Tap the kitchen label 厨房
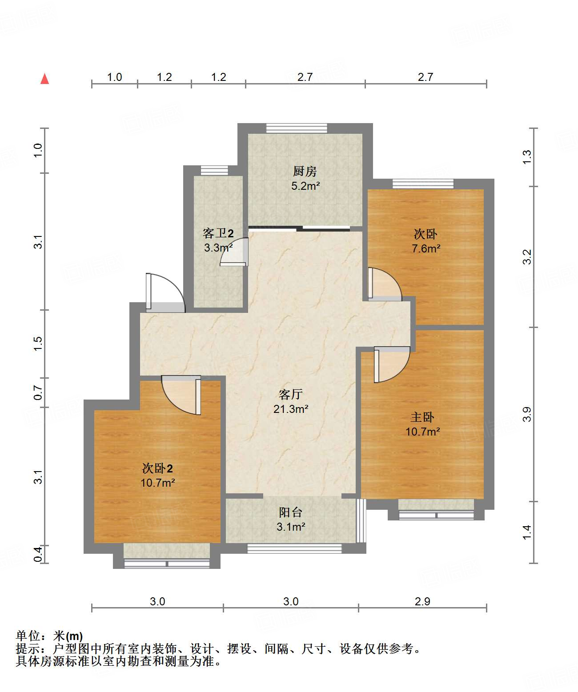tap(305, 172)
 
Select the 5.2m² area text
tap(305, 186)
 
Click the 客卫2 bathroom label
tap(218, 233)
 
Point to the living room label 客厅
tap(290, 394)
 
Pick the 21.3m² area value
tap(291, 409)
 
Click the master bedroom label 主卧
tap(422, 417)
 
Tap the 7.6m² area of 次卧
tap(426, 248)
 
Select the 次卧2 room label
tap(157, 468)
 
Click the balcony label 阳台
tap(290, 512)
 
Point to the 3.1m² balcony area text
tap(291, 527)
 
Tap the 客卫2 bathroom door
tap(234, 252)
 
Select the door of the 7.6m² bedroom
tap(385, 284)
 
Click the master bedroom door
tap(392, 364)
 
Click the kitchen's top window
tap(297, 128)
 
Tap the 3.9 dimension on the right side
tap(526, 414)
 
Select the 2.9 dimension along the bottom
tap(422, 601)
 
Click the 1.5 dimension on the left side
tap(38, 344)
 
